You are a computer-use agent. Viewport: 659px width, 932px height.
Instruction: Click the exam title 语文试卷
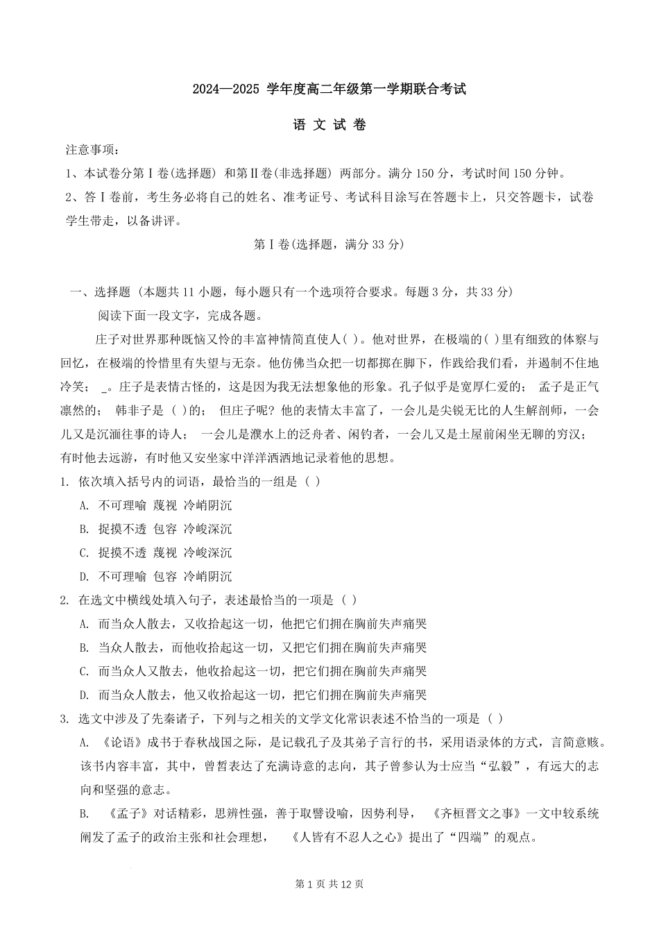click(x=329, y=125)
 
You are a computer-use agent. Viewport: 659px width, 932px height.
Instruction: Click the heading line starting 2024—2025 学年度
click(x=329, y=90)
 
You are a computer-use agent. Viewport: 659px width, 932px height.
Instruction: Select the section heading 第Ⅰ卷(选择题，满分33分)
click(x=329, y=244)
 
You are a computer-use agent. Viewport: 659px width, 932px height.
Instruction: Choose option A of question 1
click(x=155, y=505)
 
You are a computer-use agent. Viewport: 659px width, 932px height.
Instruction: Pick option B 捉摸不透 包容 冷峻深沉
click(x=155, y=529)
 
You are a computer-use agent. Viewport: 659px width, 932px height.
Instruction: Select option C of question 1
click(x=155, y=552)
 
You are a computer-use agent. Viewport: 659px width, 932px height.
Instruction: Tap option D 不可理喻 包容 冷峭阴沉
click(x=155, y=576)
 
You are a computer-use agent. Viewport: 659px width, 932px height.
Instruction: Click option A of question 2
click(x=253, y=624)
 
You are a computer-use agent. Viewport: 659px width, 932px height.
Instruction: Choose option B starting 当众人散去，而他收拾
click(x=253, y=647)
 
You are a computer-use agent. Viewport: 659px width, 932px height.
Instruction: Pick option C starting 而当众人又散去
click(x=253, y=671)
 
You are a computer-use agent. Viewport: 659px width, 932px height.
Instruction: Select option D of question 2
click(x=253, y=695)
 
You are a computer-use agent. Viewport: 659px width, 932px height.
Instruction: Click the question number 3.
click(x=64, y=719)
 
